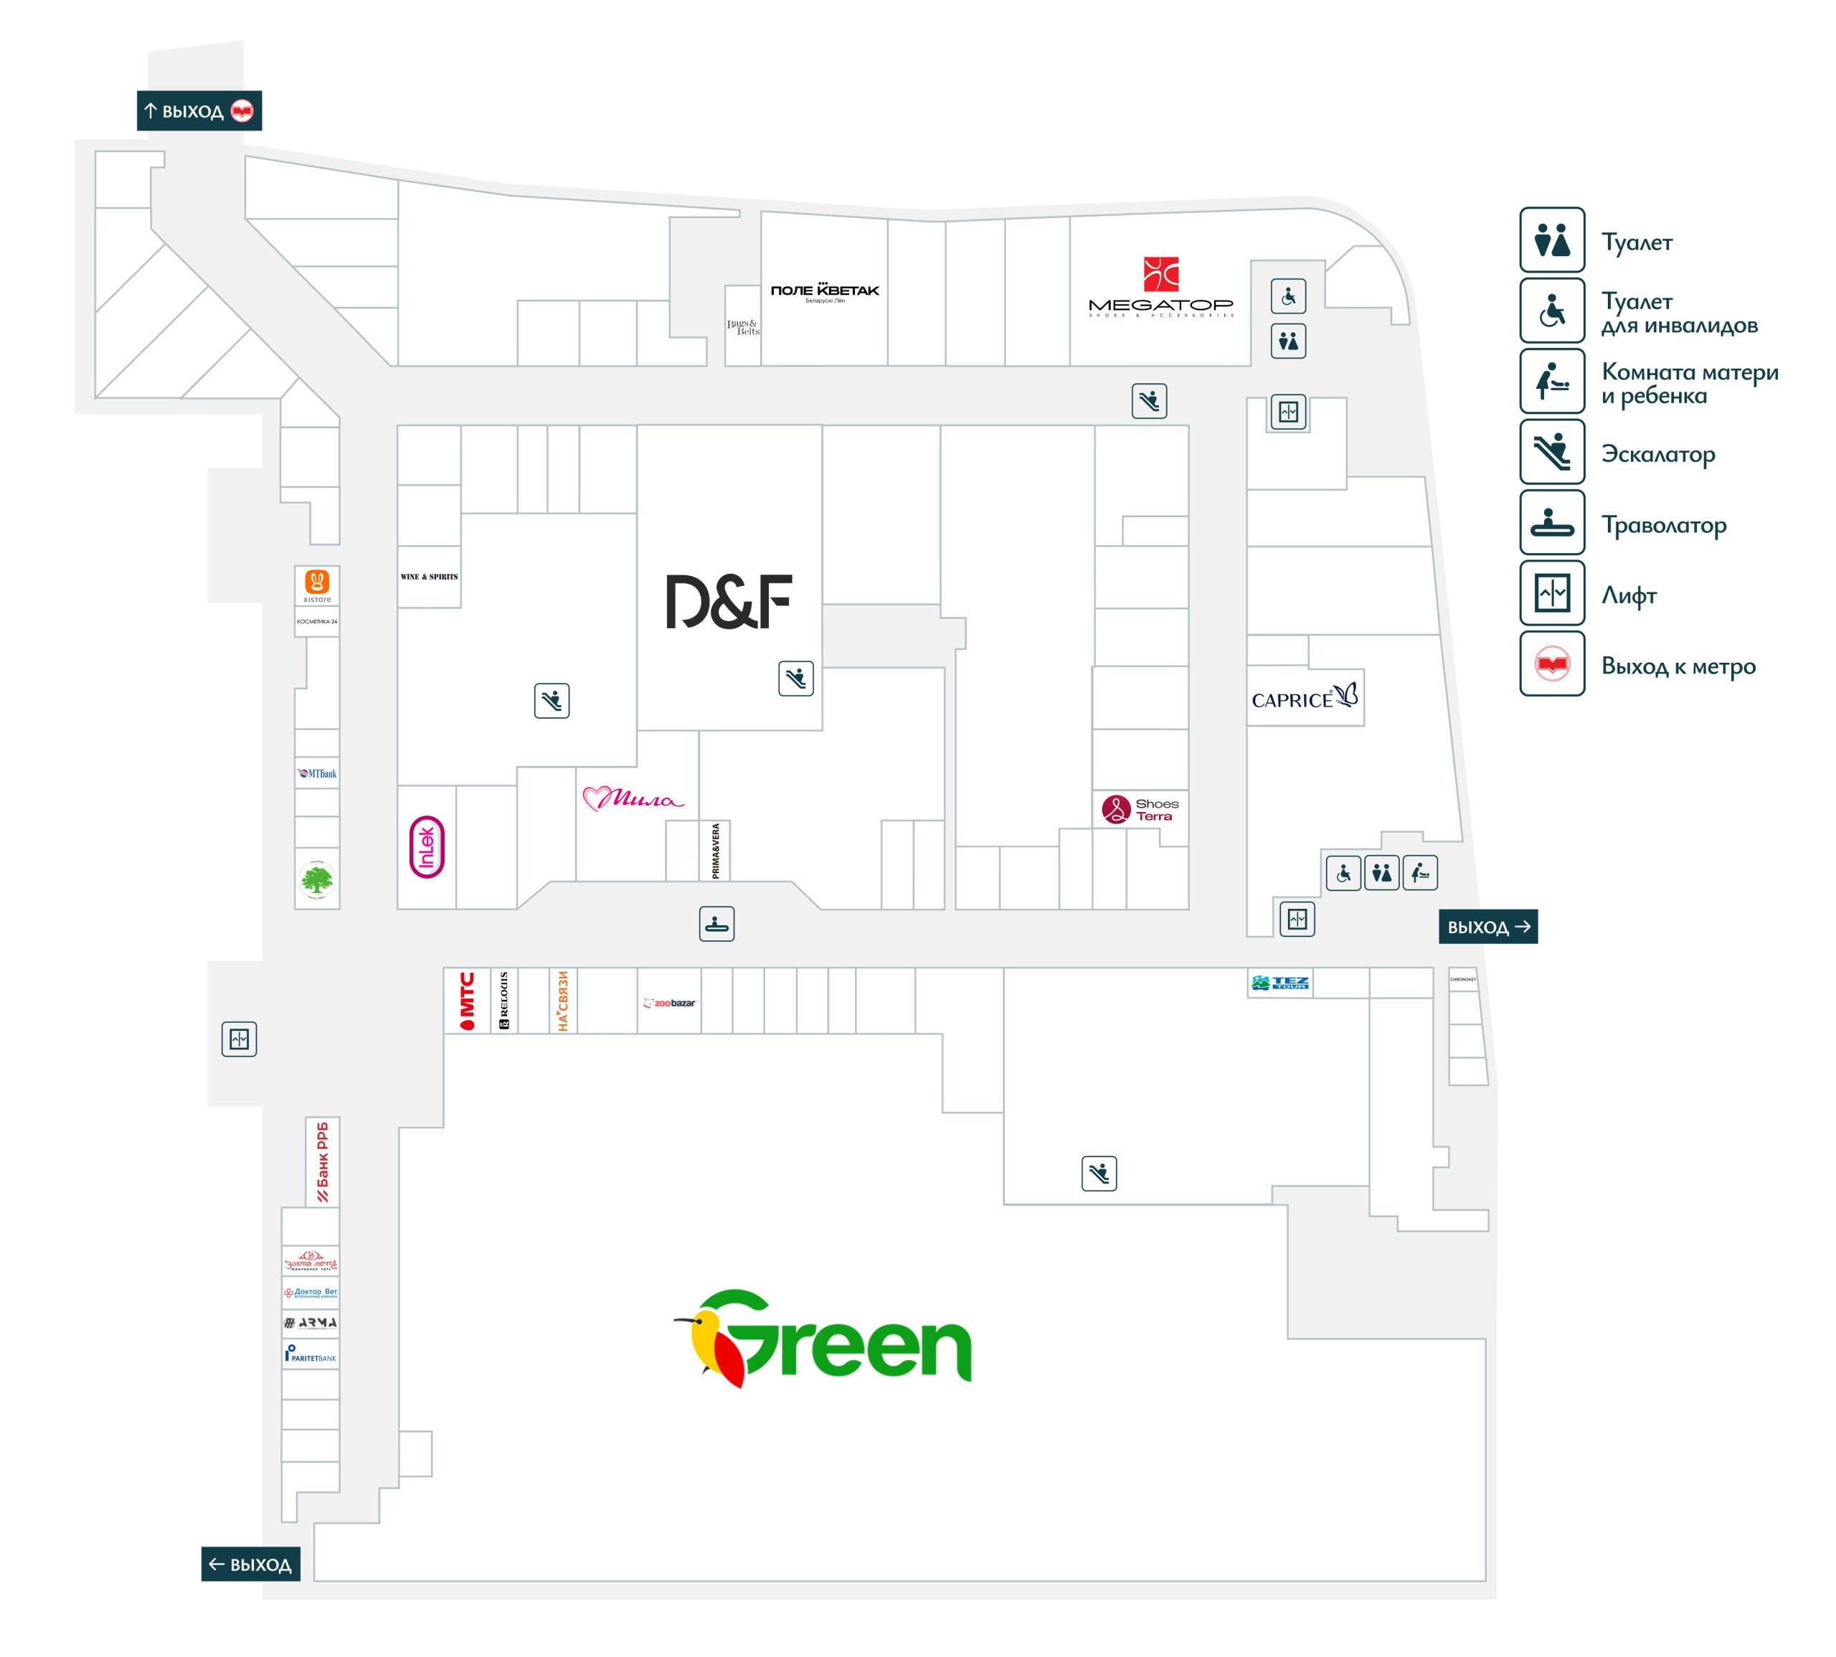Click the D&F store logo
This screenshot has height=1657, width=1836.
point(728,601)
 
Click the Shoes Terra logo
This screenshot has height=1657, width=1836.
point(1139,808)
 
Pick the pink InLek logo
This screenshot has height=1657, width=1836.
point(427,846)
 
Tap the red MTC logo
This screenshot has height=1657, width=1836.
point(467,1000)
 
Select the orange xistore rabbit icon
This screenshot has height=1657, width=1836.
point(317,581)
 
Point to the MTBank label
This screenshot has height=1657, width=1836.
point(317,773)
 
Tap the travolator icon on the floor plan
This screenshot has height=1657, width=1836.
point(716,923)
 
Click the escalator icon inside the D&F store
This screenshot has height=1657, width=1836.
point(795,679)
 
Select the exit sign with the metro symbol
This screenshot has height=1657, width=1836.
point(199,111)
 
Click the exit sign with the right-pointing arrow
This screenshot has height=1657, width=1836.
point(1487,926)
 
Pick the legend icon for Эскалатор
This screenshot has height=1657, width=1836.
point(1551,452)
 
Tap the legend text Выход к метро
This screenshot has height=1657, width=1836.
point(1678,666)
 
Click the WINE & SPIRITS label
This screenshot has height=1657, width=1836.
point(429,576)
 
